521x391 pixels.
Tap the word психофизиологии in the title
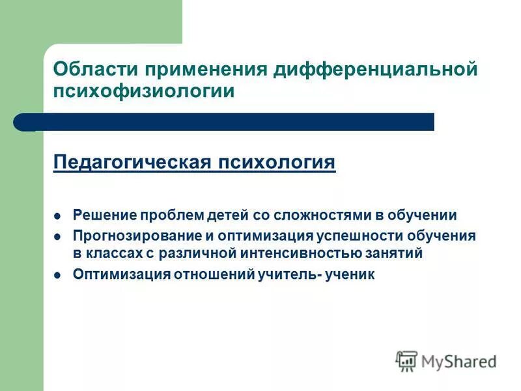pyautogui.click(x=143, y=91)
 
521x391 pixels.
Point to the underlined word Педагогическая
pyautogui.click(x=129, y=162)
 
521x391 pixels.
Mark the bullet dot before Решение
pyautogui.click(x=57, y=216)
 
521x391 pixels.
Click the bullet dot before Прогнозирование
pyautogui.click(x=57, y=237)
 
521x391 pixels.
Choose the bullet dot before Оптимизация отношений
pyautogui.click(x=57, y=275)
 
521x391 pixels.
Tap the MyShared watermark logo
pyautogui.click(x=446, y=360)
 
